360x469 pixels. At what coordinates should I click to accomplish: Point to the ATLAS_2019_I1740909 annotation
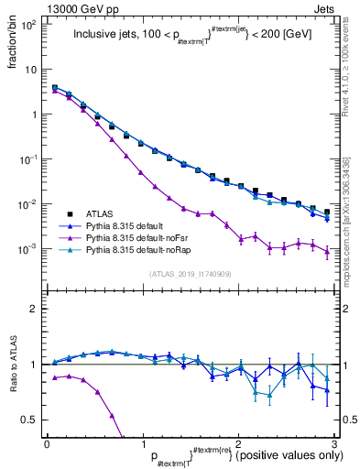point(191,274)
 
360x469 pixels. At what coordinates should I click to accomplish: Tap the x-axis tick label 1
point(142,443)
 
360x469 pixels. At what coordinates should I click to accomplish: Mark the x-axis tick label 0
point(47,443)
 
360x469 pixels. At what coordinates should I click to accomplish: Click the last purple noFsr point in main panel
point(327,251)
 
